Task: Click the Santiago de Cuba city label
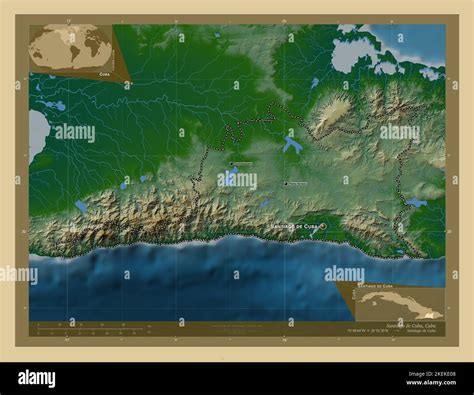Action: (x=296, y=226)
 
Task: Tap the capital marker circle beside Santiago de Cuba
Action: (x=324, y=226)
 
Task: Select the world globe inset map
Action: (x=71, y=47)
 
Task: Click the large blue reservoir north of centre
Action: (x=292, y=145)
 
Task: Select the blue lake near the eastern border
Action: (x=415, y=202)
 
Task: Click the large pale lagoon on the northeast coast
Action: (x=350, y=56)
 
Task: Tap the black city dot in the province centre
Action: (x=285, y=183)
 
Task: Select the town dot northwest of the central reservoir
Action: (x=230, y=164)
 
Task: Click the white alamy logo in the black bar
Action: (x=37, y=377)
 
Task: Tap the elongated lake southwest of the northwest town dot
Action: (x=229, y=178)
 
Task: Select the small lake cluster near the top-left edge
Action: (x=50, y=104)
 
